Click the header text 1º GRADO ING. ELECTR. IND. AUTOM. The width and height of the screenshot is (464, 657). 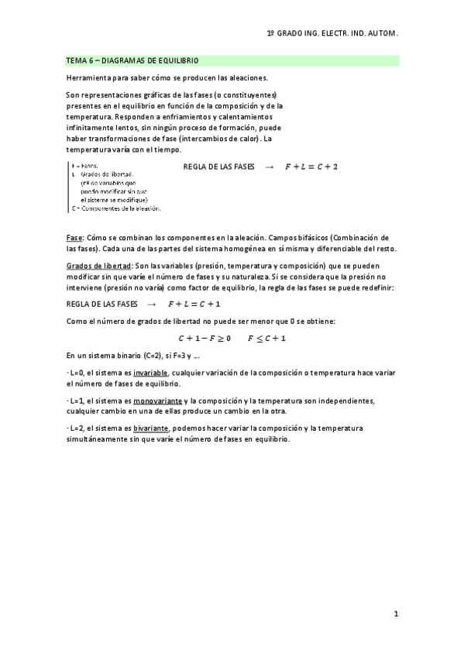tap(332, 34)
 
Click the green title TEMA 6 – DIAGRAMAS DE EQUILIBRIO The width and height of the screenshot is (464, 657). tap(132, 60)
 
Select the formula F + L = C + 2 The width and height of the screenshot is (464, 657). tap(311, 167)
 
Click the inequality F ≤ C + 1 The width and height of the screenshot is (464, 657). tap(266, 338)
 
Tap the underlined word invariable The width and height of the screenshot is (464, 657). tap(152, 373)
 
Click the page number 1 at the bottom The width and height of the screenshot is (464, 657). tap(395, 614)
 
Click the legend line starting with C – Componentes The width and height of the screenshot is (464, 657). tap(115, 208)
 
